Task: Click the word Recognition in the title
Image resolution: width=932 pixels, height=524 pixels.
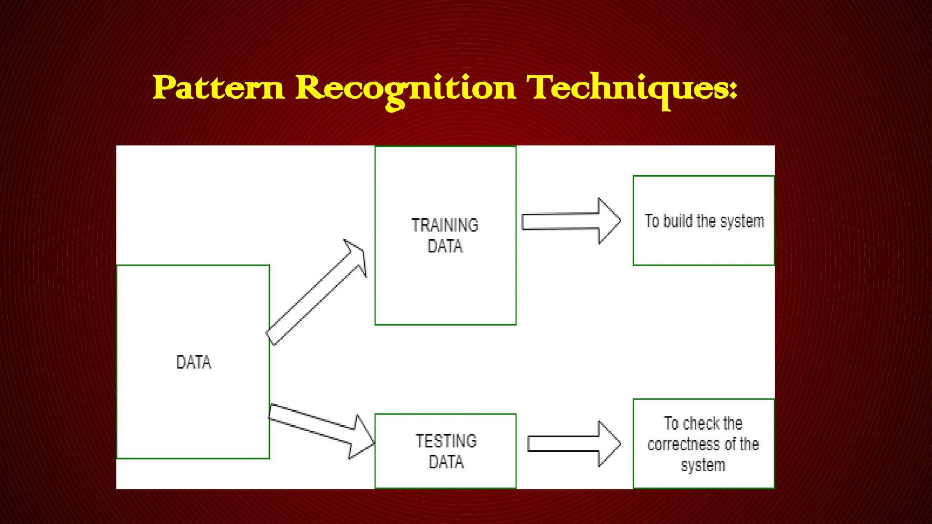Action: pos(405,88)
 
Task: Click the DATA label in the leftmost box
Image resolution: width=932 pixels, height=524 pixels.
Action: pos(194,363)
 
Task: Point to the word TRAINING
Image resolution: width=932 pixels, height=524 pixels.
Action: pos(445,225)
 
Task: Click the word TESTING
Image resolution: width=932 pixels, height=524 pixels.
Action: pos(446,441)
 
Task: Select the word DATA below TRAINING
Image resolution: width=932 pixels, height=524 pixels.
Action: pos(445,246)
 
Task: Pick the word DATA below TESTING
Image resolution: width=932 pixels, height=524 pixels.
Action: pos(446,462)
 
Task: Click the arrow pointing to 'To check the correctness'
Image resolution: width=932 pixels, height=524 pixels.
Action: pos(573,443)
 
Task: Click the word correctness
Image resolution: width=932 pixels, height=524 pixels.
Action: pos(684,444)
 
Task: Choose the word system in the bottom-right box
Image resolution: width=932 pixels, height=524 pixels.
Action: pos(703,465)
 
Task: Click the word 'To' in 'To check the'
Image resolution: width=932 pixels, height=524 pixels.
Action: pos(671,423)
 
